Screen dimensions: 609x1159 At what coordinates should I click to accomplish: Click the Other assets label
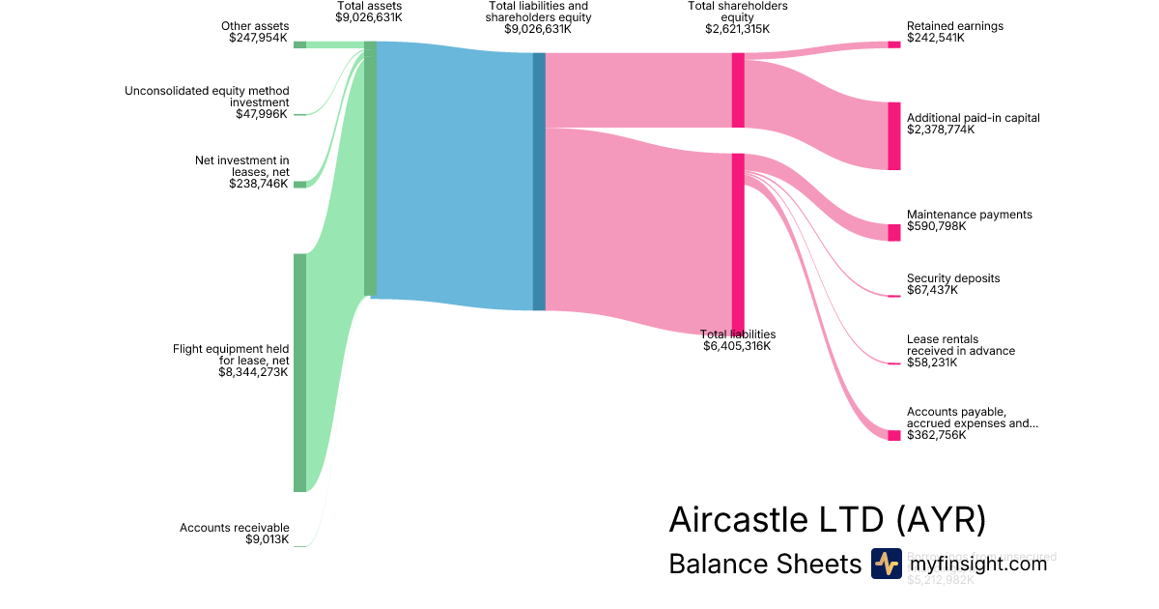click(255, 26)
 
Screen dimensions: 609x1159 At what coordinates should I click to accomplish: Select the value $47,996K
click(262, 114)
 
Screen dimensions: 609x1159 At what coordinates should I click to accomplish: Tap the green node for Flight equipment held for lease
click(299, 372)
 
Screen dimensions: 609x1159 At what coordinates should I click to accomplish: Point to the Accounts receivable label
click(234, 528)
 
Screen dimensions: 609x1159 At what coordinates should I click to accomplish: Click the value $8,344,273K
click(253, 372)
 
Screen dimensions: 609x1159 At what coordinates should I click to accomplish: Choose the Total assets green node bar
click(370, 169)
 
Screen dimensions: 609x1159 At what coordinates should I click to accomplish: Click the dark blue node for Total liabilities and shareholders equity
click(539, 182)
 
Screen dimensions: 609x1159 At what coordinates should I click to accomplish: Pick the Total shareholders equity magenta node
click(738, 90)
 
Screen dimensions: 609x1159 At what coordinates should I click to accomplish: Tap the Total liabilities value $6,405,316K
click(737, 346)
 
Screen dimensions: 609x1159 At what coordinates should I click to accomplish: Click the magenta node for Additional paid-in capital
click(893, 135)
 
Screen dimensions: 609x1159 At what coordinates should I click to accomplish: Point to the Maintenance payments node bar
click(893, 232)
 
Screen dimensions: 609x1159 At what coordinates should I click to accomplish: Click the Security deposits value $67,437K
click(932, 290)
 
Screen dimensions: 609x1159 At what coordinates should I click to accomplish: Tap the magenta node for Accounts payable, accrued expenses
click(893, 435)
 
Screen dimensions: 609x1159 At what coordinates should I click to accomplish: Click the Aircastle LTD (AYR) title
click(827, 520)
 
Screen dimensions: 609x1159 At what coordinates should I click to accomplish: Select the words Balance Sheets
click(764, 565)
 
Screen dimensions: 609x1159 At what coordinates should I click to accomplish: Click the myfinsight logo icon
click(886, 564)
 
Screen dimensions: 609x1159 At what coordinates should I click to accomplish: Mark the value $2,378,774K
click(941, 130)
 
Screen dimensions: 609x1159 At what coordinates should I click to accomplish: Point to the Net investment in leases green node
click(299, 184)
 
